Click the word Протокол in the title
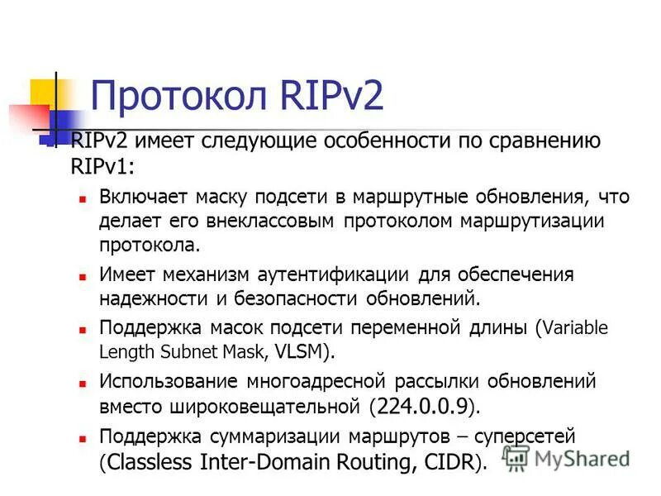tap(171, 96)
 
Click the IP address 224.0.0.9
tap(422, 406)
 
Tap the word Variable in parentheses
tap(575, 328)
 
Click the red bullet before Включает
tap(83, 199)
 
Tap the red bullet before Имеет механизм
tap(83, 275)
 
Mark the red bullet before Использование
tap(83, 384)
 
